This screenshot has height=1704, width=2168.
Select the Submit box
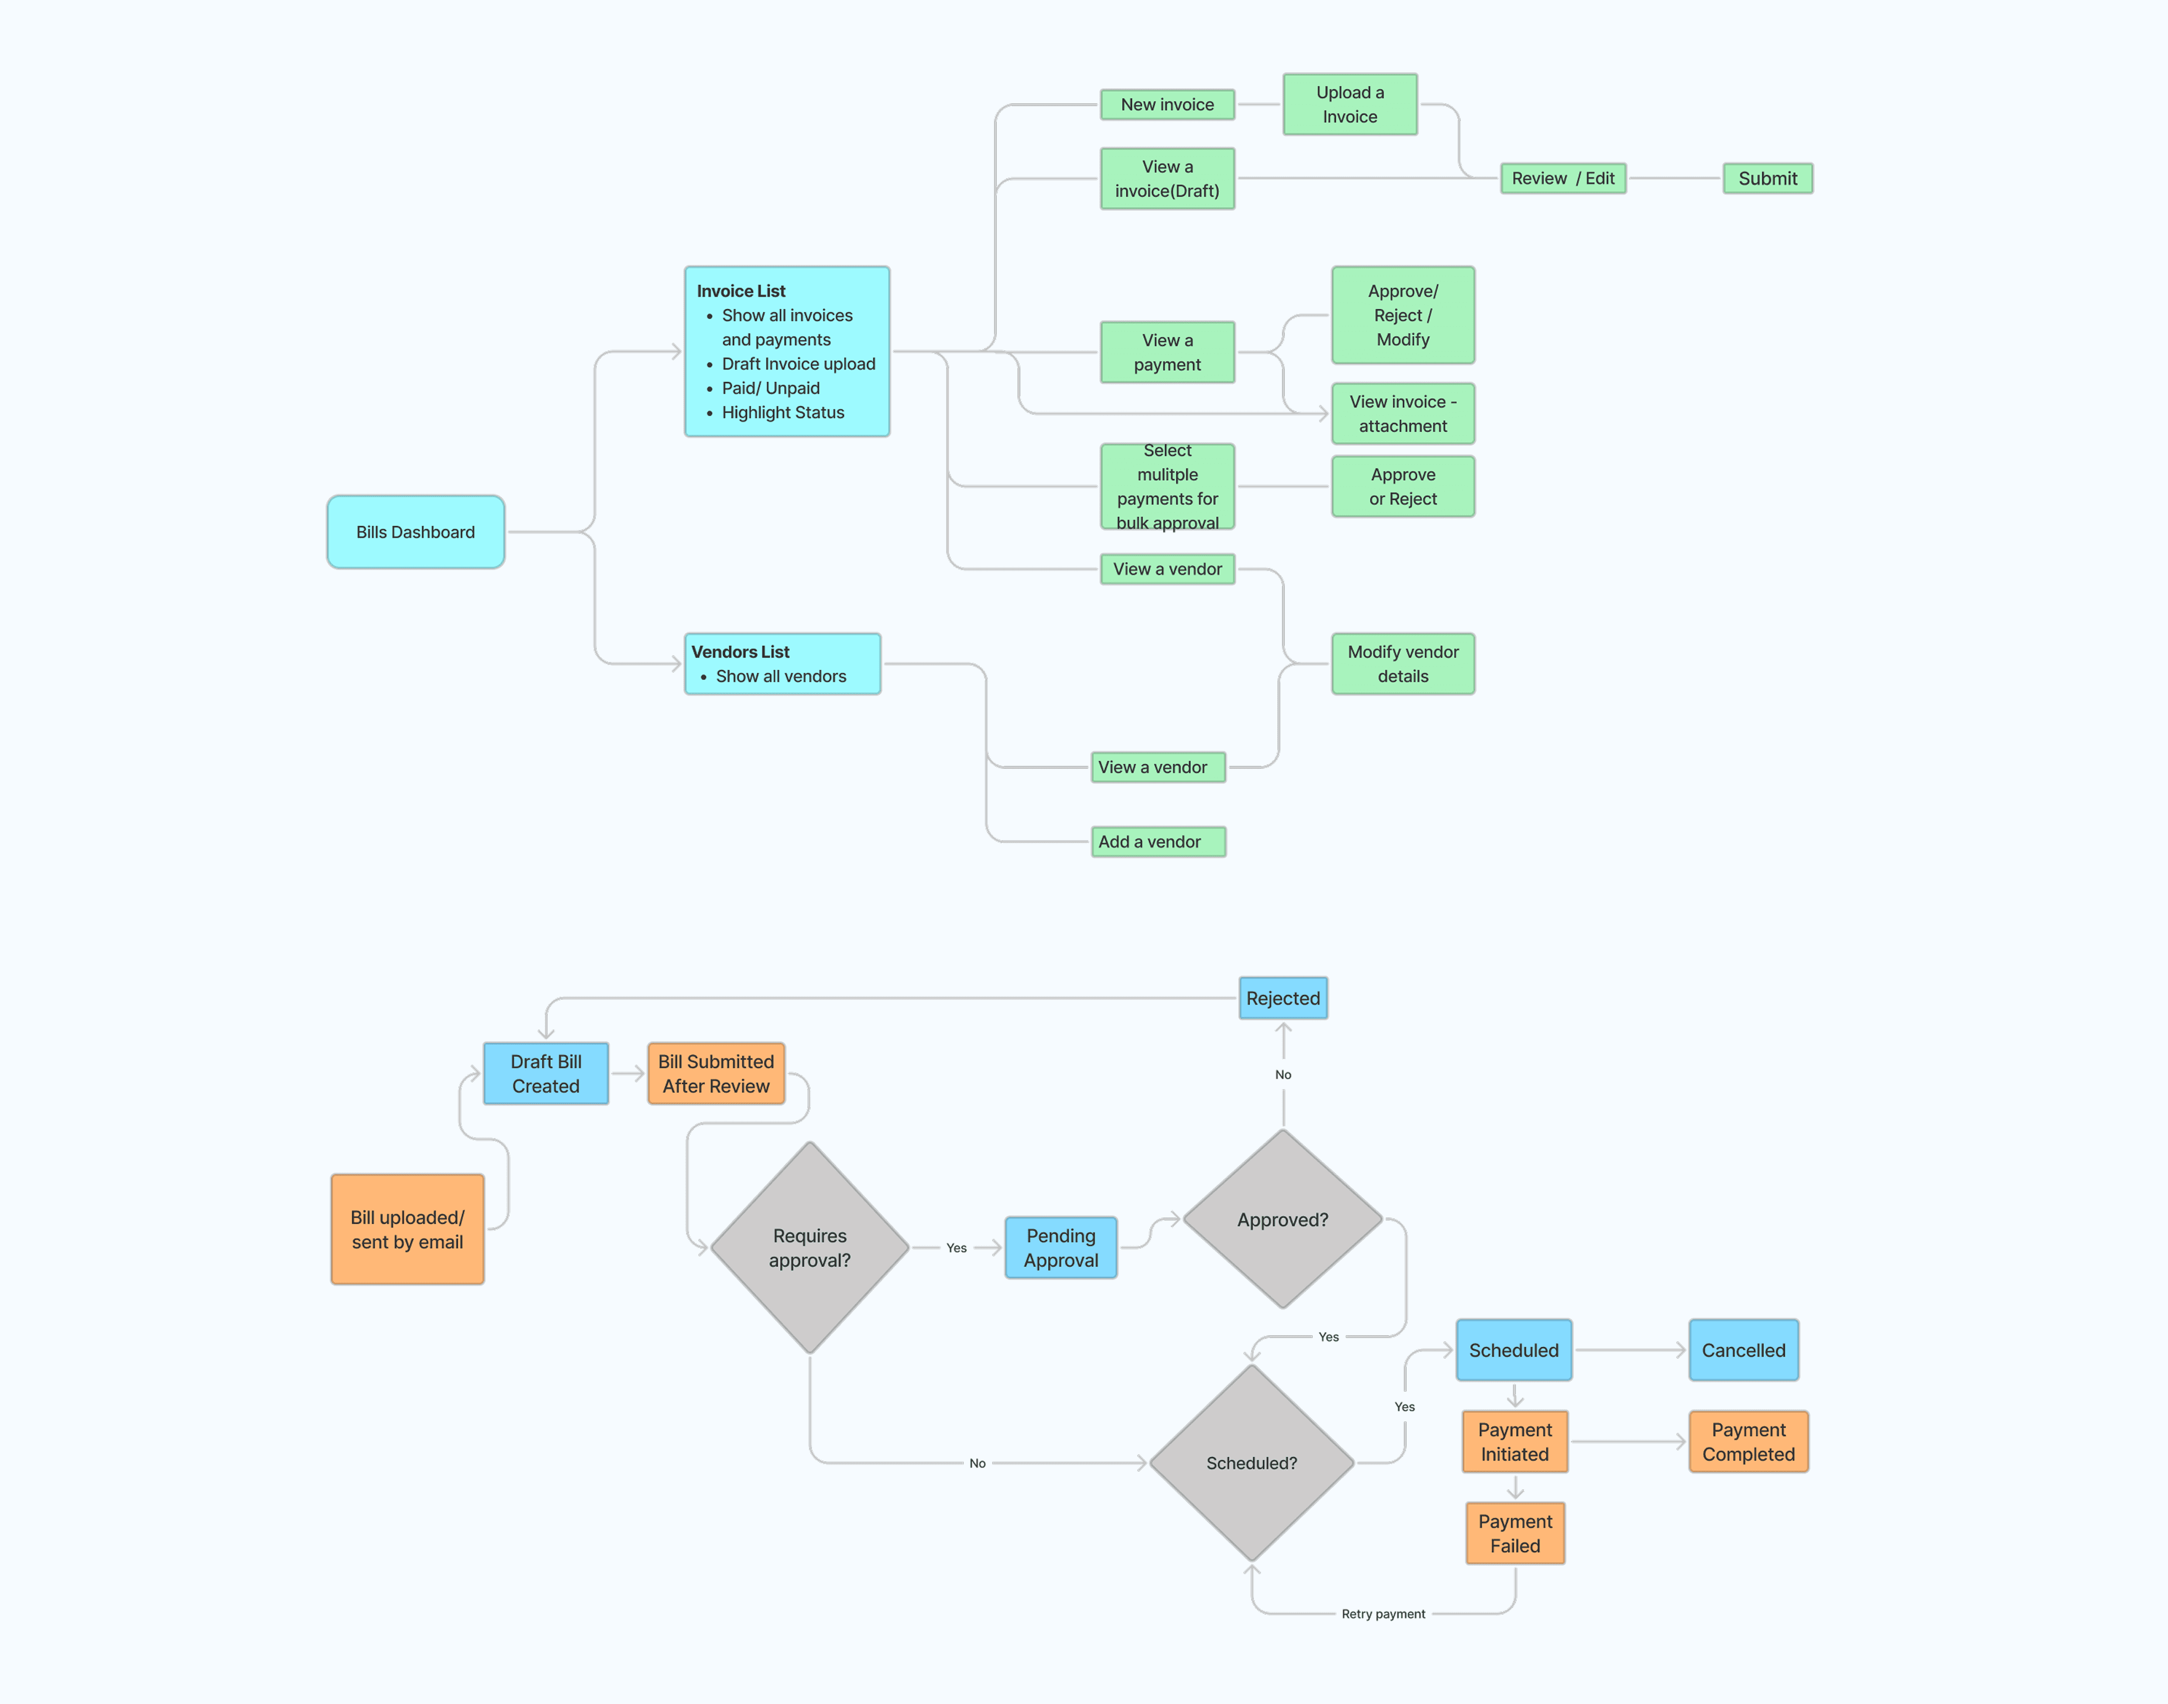1767,179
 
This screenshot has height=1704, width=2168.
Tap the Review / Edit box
1563,179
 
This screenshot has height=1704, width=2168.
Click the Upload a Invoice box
1349,104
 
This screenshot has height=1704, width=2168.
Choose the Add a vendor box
1158,841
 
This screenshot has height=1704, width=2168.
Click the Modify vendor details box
1402,664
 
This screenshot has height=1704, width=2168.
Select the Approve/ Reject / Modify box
1402,315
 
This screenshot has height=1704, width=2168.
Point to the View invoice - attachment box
1402,413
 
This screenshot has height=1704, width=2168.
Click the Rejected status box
1282,998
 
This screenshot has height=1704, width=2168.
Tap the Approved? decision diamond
1282,1219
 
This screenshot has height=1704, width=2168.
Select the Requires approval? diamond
810,1247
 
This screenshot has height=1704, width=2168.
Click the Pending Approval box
1060,1247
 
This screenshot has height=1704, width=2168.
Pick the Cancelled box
1743,1350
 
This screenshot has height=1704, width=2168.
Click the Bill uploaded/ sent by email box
407,1229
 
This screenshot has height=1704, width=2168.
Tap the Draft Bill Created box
546,1074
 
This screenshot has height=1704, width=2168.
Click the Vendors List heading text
740,652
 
